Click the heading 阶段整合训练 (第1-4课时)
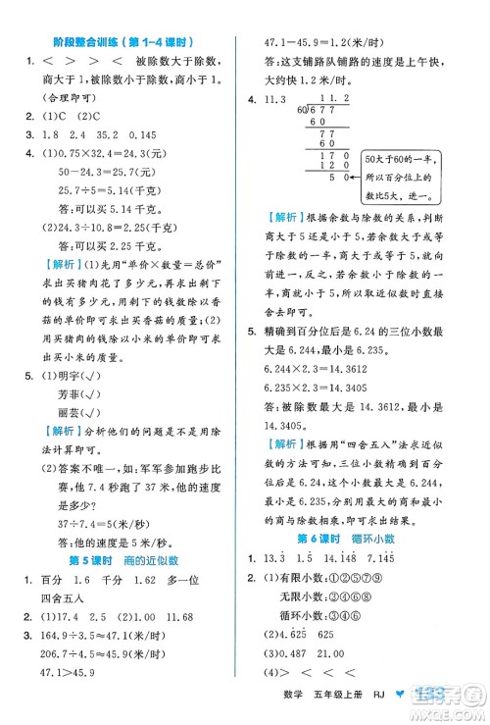click(122, 43)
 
